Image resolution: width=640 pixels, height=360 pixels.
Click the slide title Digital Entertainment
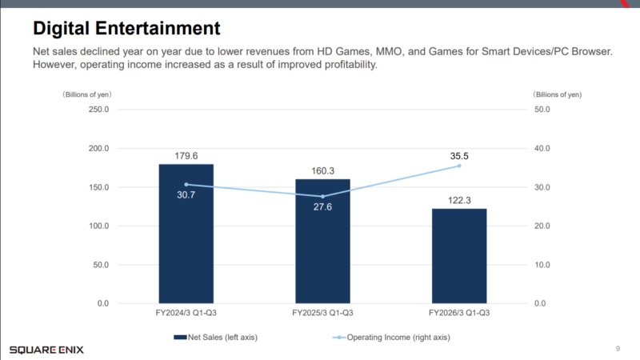tap(126, 30)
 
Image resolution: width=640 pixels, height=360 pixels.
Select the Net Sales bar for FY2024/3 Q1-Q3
tap(186, 240)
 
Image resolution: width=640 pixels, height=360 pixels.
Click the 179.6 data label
tap(186, 156)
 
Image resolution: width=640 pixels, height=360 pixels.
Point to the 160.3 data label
tap(322, 171)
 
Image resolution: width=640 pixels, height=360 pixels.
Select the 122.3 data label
tap(459, 201)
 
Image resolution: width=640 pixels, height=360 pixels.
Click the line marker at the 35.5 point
tap(459, 166)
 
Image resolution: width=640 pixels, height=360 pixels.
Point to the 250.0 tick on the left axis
tap(98, 110)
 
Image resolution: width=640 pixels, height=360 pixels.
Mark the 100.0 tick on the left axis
tap(98, 226)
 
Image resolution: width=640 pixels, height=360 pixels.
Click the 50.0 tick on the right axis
tap(542, 110)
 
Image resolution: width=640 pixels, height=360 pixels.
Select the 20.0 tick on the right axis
tap(542, 226)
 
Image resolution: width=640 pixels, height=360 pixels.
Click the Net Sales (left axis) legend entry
tap(215, 338)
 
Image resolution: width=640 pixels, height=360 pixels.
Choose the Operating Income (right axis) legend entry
tap(392, 338)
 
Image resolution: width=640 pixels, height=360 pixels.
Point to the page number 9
tap(618, 349)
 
